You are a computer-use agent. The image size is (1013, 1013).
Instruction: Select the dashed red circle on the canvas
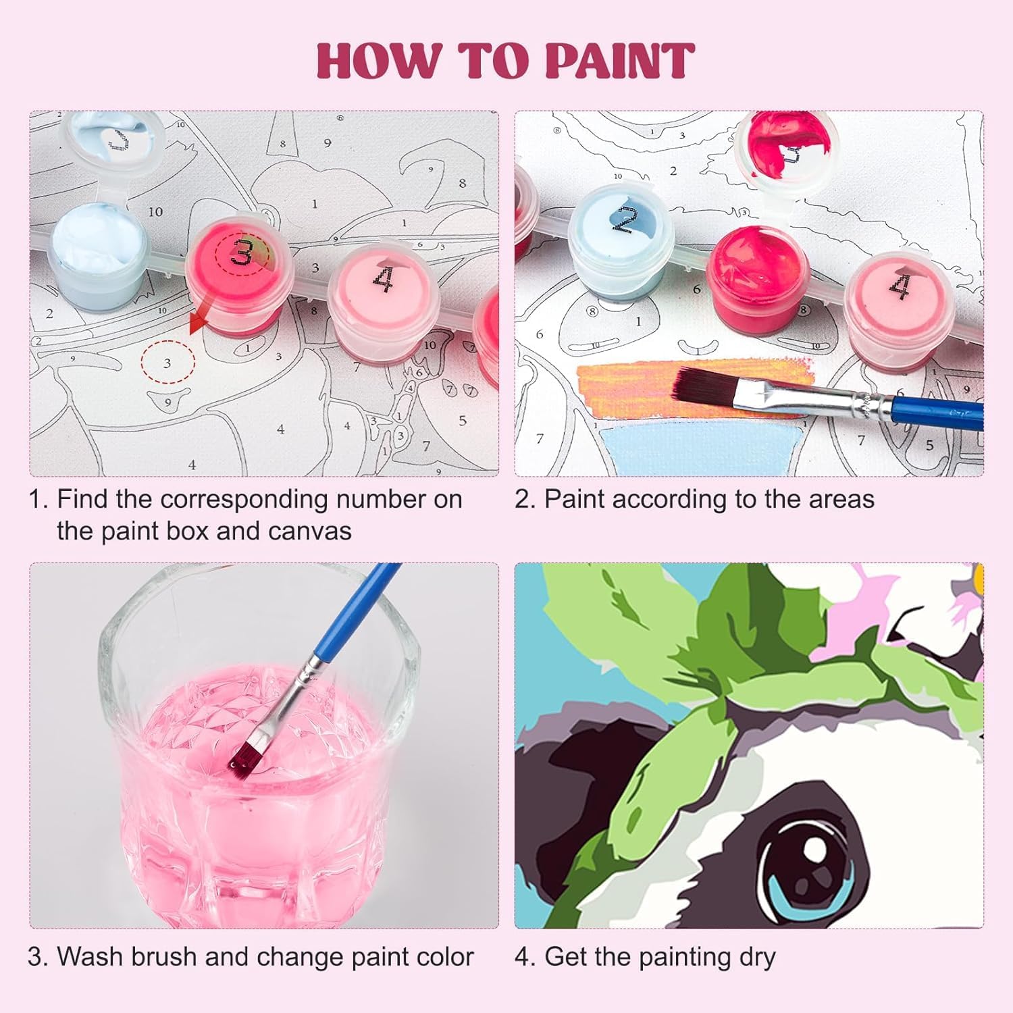(x=167, y=363)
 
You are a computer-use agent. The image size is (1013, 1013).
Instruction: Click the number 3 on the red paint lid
(x=242, y=253)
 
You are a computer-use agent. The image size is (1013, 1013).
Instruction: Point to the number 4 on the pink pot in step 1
(x=383, y=279)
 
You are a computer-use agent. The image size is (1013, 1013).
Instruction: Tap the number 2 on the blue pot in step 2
(x=625, y=218)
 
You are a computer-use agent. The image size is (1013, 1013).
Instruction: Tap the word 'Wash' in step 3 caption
(x=90, y=957)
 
